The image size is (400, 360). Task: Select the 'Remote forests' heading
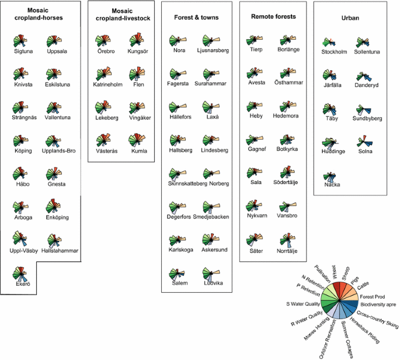click(x=273, y=17)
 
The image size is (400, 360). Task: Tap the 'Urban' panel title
click(x=350, y=18)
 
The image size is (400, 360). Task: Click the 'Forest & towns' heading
click(x=196, y=18)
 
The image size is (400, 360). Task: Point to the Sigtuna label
click(x=24, y=51)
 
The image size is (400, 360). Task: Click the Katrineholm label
click(x=107, y=85)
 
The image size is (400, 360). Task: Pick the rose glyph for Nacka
click(x=333, y=176)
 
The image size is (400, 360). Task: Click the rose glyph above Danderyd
click(x=366, y=77)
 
